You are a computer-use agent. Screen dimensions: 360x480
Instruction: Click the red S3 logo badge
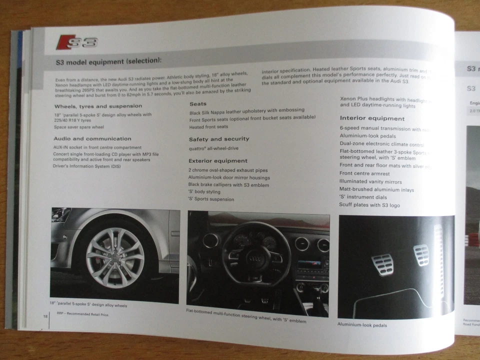(x=76, y=41)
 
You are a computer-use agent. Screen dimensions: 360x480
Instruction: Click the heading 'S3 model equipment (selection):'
(x=108, y=62)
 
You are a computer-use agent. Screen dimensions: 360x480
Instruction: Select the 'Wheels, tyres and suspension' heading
(x=98, y=106)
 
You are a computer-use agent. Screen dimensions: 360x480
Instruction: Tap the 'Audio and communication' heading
(x=92, y=138)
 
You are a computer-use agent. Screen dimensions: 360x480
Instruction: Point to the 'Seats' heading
(x=198, y=103)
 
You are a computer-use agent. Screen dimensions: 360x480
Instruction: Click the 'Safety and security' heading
(x=218, y=139)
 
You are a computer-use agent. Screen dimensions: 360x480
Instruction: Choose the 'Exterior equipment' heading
(x=217, y=161)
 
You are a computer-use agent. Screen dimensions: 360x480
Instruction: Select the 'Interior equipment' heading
(x=372, y=118)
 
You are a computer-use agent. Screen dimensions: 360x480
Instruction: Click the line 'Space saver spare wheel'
(x=79, y=127)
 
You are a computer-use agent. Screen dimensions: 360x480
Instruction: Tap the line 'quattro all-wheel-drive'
(x=213, y=148)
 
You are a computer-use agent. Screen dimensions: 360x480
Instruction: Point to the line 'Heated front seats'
(x=208, y=126)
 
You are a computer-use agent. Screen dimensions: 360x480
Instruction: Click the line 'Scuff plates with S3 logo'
(x=369, y=205)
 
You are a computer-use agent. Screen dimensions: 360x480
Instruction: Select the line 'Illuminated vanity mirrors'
(x=370, y=182)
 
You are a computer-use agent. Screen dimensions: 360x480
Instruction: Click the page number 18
(x=45, y=316)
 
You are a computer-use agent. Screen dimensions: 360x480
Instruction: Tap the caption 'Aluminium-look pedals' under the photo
(x=362, y=325)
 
